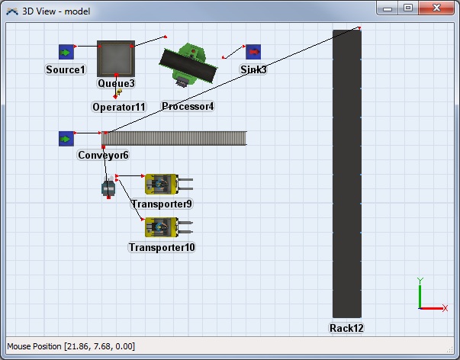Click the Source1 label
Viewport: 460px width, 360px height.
[x=66, y=70]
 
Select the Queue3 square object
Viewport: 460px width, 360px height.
[x=116, y=59]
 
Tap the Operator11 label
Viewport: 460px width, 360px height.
[x=119, y=107]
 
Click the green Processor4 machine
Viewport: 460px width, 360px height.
[x=188, y=65]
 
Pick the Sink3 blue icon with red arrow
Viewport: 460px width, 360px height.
[x=253, y=52]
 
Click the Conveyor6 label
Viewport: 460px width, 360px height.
[x=103, y=155]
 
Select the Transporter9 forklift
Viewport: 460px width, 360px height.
[x=169, y=185]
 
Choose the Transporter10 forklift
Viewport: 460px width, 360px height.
[x=169, y=227]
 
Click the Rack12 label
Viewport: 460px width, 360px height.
[x=346, y=328]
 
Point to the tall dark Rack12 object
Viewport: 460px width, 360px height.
[x=347, y=174]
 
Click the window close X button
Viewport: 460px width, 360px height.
[x=436, y=8]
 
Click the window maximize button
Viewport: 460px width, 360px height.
[x=408, y=8]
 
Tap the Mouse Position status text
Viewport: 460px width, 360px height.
[x=71, y=346]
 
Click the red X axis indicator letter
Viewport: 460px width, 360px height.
[x=445, y=308]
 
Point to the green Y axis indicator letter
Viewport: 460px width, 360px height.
[x=420, y=281]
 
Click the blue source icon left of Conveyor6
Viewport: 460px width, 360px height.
[x=66, y=139]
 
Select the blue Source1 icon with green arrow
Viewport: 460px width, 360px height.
[x=66, y=52]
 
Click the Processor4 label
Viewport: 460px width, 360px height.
[x=188, y=106]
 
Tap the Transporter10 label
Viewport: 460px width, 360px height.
[x=162, y=247]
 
